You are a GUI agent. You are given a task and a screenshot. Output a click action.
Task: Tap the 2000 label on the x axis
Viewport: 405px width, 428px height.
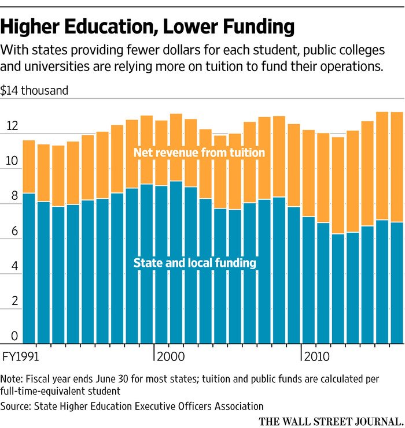tap(171, 356)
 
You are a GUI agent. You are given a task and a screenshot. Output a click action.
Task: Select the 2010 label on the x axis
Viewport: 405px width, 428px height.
tap(317, 356)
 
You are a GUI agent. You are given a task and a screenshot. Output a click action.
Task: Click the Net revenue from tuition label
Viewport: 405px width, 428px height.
tap(198, 152)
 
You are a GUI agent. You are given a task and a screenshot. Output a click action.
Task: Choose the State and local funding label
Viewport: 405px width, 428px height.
tap(195, 263)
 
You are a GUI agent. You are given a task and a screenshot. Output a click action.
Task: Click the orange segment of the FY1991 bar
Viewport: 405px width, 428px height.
tap(29, 166)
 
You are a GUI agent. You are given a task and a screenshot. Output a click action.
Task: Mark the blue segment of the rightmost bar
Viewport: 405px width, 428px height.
tap(396, 283)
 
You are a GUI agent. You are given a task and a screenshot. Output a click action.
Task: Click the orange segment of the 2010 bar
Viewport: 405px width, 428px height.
tap(308, 173)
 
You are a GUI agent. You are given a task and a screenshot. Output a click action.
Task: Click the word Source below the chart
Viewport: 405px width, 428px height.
tap(14, 405)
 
